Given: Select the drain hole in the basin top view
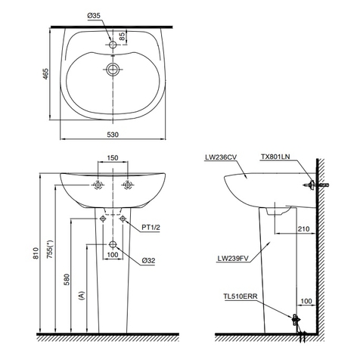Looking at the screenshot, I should click(x=113, y=71).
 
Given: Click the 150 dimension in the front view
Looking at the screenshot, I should click(x=113, y=159).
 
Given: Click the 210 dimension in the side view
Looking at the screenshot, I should click(x=302, y=228).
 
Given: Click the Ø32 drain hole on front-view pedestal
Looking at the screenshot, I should click(x=113, y=245).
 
